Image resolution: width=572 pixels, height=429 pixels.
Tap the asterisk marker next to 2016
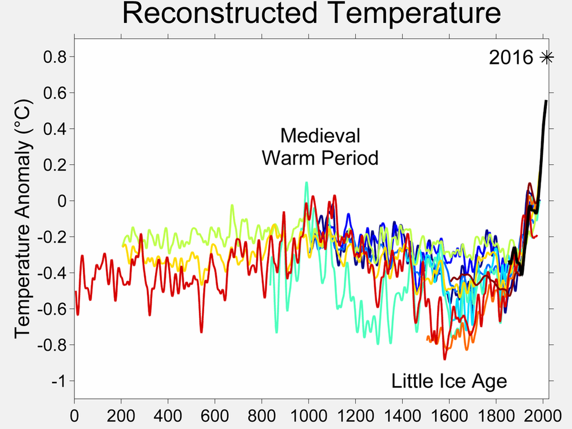pos(547,57)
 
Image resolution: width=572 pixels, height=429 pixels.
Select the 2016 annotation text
pos(511,58)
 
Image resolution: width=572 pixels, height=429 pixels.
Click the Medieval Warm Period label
pos(320,146)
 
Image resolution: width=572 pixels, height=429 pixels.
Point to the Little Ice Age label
pos(449,380)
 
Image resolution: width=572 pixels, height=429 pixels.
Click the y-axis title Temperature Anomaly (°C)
pos(23,220)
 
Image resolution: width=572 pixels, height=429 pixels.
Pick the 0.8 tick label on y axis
pos(55,57)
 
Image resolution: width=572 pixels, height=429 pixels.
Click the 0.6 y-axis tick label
pos(55,93)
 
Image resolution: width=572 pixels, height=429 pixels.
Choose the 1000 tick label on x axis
pos(308,413)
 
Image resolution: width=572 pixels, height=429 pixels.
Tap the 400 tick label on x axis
pos(168,413)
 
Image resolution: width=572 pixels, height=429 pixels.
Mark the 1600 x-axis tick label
pos(449,413)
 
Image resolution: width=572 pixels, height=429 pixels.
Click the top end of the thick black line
pos(546,101)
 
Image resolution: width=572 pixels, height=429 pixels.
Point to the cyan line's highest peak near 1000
pos(307,183)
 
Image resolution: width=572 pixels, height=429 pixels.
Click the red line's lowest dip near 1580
pos(444,359)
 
